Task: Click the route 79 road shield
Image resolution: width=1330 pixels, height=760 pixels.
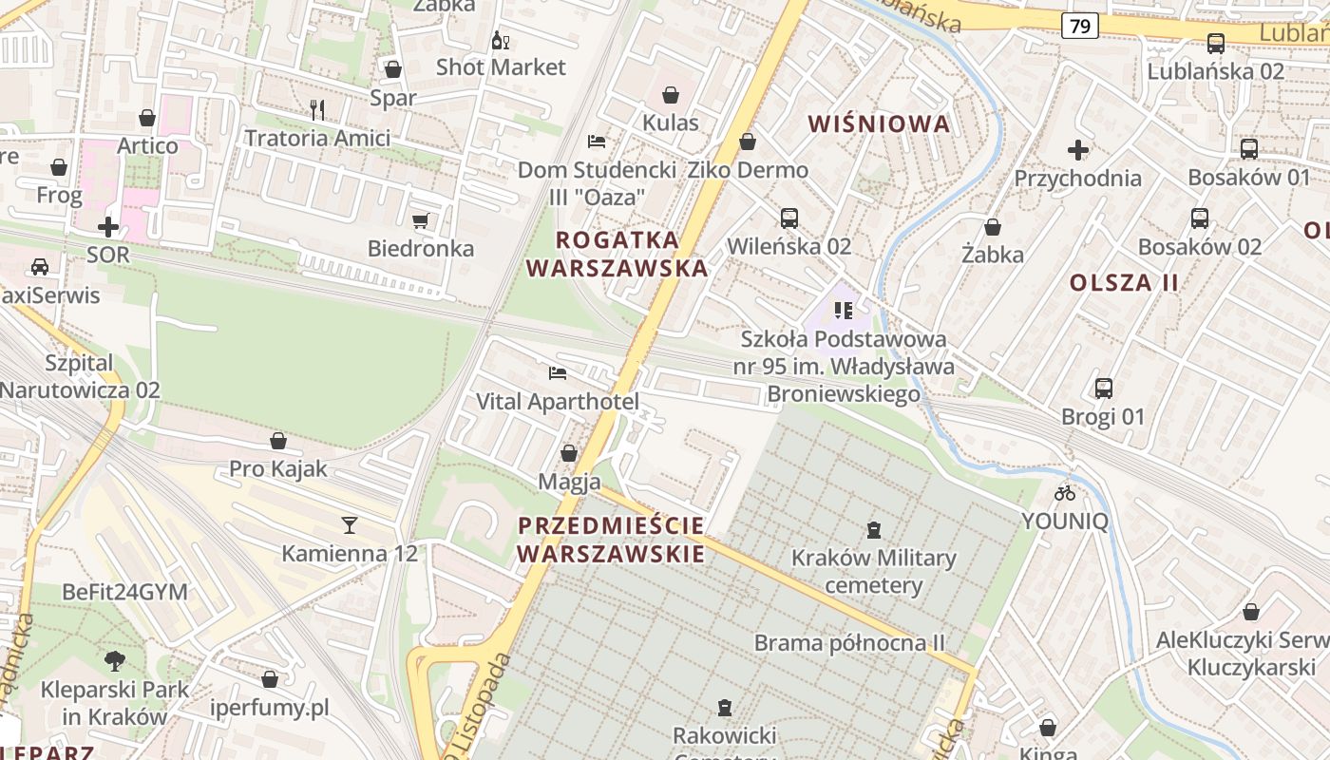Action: [x=1079, y=27]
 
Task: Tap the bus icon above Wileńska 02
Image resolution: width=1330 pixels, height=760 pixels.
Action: [x=788, y=218]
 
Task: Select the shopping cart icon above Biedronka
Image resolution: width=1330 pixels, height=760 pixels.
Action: [x=421, y=221]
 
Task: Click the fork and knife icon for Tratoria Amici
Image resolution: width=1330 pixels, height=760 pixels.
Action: [x=317, y=110]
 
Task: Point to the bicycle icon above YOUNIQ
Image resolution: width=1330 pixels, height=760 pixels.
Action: [x=1065, y=493]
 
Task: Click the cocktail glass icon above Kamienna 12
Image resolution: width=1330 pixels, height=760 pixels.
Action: [x=350, y=524]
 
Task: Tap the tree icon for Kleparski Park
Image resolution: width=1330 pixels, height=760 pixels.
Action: [x=114, y=660]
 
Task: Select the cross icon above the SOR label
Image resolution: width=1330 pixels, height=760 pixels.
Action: [x=108, y=227]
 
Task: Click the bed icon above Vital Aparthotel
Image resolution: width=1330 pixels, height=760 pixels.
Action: [x=558, y=373]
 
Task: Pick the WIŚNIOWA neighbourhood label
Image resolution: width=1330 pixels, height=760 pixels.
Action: [x=879, y=123]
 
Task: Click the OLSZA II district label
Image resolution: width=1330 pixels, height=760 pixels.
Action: [x=1124, y=282]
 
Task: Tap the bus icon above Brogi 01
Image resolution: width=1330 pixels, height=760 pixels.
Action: [x=1103, y=389]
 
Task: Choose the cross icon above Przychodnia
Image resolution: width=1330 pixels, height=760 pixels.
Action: [x=1077, y=150]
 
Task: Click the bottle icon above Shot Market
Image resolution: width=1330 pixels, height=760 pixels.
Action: [x=500, y=40]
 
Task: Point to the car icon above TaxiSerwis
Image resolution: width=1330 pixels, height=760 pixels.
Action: [x=39, y=267]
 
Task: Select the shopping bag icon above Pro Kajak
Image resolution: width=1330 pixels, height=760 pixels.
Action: [x=278, y=441]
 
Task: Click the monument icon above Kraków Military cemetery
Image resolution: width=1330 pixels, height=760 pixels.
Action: [x=874, y=530]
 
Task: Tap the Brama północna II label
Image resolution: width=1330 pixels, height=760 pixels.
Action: [x=849, y=643]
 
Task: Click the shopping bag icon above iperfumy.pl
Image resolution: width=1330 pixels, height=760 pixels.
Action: [x=270, y=679]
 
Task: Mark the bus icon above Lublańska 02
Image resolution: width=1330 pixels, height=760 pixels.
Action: [x=1215, y=43]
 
